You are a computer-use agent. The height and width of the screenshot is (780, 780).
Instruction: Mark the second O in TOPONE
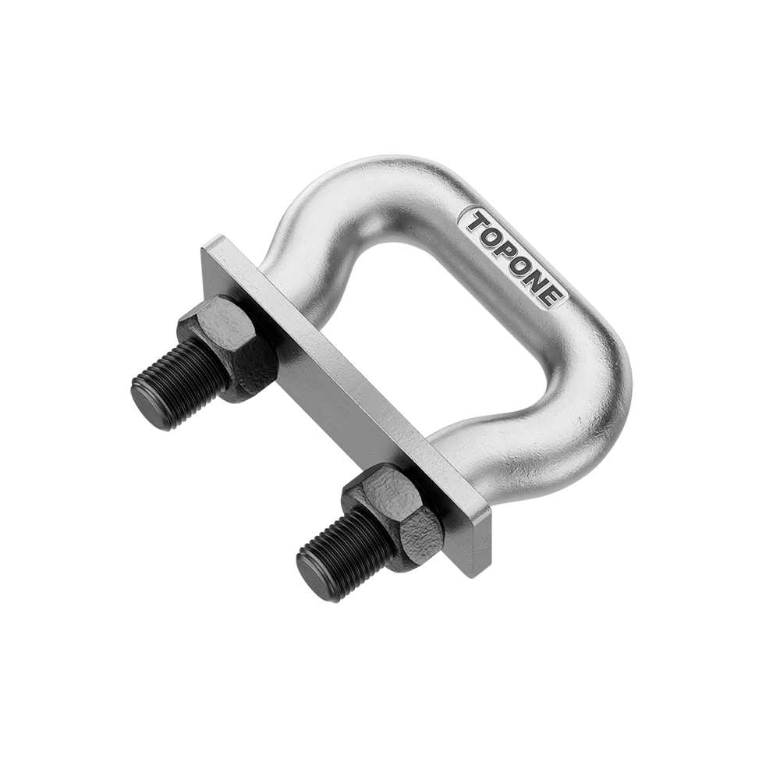coord(521,261)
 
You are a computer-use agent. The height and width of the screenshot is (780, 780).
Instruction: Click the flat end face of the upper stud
coord(147,395)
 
